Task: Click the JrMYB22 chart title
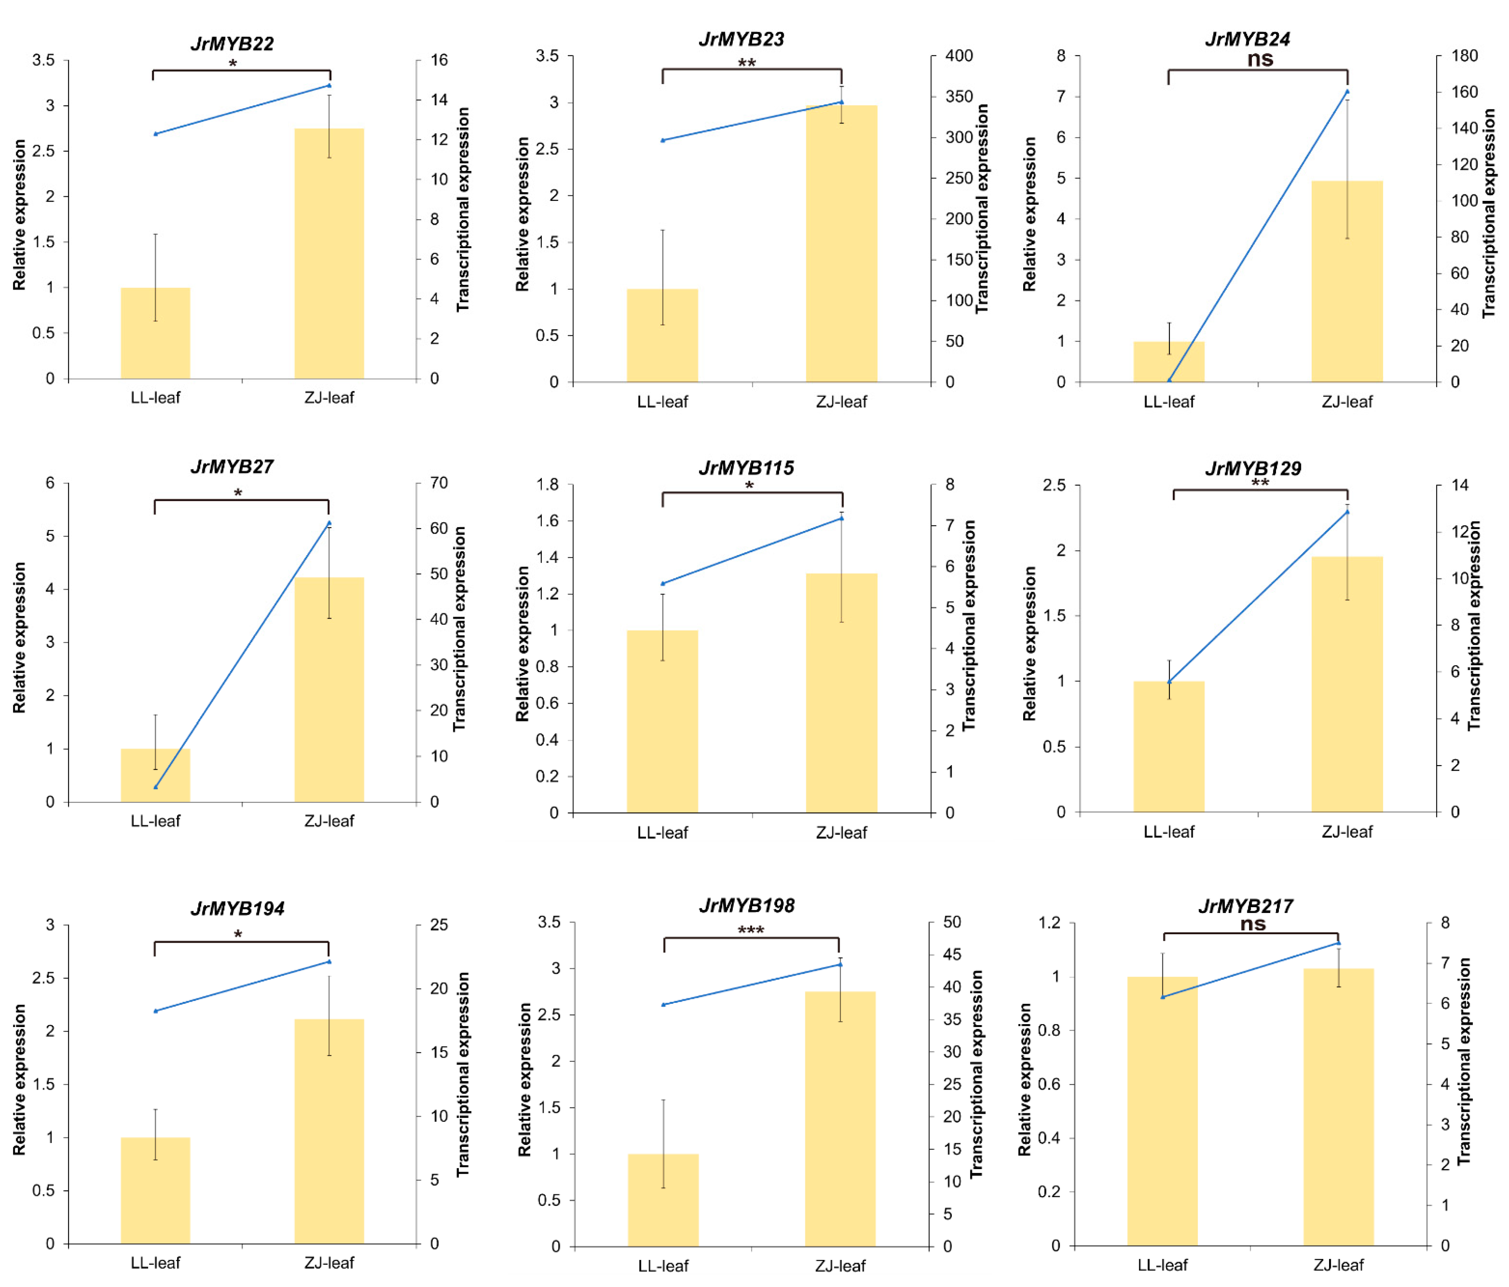click(232, 44)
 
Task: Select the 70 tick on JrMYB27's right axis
click(439, 483)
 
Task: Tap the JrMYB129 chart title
click(1253, 468)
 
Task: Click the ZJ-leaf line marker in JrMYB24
click(1347, 92)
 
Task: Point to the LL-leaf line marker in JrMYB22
click(155, 134)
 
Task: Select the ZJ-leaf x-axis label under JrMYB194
click(329, 1262)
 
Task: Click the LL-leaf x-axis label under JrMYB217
click(1162, 1264)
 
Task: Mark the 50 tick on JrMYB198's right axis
click(952, 922)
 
